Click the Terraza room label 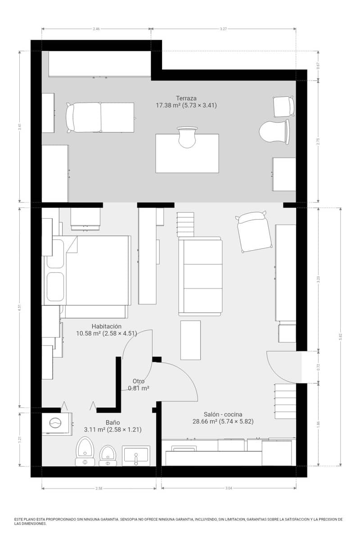(186, 98)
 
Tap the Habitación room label (106, 326)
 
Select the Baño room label (112, 423)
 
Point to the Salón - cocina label (223, 414)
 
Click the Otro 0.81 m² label (139, 384)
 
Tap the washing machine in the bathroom (56, 423)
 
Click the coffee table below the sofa (190, 340)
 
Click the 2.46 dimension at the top (96, 29)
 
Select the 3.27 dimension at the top (223, 29)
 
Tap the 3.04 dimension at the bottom (229, 488)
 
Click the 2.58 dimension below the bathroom (99, 488)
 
